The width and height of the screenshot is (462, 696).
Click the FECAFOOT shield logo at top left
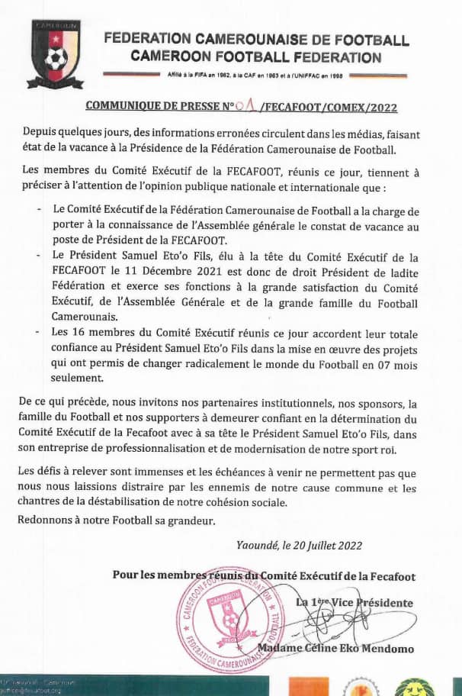click(54, 54)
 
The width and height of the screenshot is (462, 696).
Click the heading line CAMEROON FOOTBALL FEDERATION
click(255, 56)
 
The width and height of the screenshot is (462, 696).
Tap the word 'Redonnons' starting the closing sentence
click(47, 520)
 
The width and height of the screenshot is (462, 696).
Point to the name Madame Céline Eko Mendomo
click(335, 649)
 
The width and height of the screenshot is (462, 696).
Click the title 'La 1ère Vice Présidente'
click(355, 603)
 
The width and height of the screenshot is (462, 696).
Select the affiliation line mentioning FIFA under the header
click(255, 76)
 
